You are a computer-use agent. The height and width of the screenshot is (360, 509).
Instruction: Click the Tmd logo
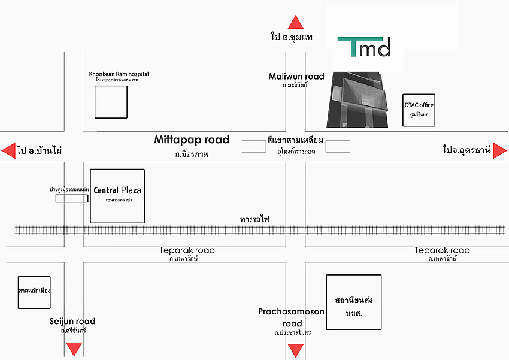click(364, 47)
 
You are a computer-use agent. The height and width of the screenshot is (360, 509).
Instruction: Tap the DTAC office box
click(419, 110)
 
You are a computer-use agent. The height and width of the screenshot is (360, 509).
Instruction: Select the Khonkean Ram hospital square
click(111, 102)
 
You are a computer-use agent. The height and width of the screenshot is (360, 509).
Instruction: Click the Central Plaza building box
click(117, 196)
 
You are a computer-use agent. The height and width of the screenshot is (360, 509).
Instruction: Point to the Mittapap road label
click(192, 140)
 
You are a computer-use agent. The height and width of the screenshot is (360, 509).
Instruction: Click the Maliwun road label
click(296, 77)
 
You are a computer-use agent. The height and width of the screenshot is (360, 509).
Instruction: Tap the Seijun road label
click(72, 322)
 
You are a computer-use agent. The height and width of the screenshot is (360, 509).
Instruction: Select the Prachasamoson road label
click(292, 317)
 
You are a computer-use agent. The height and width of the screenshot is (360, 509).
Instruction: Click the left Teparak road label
click(187, 250)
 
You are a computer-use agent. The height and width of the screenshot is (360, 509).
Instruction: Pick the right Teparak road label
click(443, 250)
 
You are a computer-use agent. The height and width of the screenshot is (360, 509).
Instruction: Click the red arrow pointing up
click(295, 23)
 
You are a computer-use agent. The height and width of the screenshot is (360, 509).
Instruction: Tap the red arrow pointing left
click(8, 150)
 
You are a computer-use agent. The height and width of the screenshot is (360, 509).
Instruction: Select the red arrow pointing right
click(500, 150)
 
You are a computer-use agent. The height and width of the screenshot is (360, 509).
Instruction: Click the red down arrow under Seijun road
click(74, 349)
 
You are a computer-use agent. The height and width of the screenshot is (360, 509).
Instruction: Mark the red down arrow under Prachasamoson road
click(295, 350)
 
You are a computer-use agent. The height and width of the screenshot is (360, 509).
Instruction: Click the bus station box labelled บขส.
click(353, 302)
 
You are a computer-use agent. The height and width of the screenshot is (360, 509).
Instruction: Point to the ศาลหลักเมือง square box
click(34, 292)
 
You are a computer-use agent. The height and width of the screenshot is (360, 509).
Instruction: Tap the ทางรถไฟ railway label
click(255, 219)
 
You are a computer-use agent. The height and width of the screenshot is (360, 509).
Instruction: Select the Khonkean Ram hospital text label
click(119, 74)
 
